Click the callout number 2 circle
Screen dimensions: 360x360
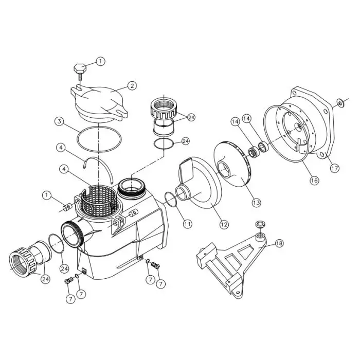tap(132, 86)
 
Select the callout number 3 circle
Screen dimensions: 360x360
tap(60, 122)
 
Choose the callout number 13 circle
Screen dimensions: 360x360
tap(256, 203)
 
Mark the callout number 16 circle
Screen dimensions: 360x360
tap(314, 180)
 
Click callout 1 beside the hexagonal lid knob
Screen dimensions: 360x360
tap(100, 61)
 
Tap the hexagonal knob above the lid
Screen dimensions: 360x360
tap(79, 68)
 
